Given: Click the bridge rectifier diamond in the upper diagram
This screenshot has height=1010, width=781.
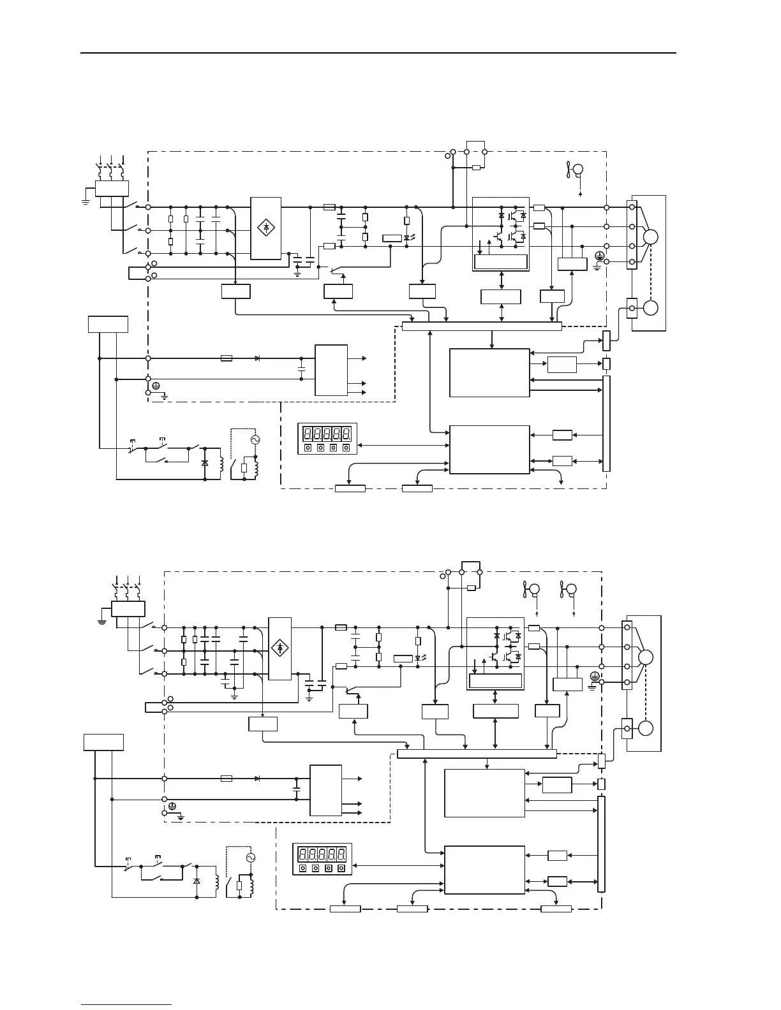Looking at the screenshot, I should click(x=266, y=227).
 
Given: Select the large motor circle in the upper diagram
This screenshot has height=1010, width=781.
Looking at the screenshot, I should click(x=650, y=237).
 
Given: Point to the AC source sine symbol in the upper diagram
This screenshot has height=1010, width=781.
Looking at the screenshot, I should click(x=256, y=440).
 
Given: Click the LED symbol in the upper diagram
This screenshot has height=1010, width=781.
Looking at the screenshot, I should click(x=407, y=238).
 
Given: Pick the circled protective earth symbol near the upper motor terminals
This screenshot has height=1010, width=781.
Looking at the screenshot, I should click(x=599, y=255).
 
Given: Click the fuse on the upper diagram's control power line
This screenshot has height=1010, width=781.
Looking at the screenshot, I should click(x=226, y=358).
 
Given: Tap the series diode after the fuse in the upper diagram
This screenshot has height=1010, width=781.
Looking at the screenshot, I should click(x=257, y=358).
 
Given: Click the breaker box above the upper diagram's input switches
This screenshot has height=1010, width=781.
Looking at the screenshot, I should click(x=112, y=188).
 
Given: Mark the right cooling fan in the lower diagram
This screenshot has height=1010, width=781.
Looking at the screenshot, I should click(x=570, y=590).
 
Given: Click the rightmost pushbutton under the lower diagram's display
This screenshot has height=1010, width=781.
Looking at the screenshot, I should click(x=342, y=868).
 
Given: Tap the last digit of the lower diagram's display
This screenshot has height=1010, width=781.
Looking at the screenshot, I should click(x=342, y=853).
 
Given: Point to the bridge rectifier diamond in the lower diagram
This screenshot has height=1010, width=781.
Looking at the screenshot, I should click(x=279, y=648).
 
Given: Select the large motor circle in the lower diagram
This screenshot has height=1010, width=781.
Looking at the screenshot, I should click(x=645, y=657).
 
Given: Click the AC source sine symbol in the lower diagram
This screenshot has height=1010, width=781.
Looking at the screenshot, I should click(x=251, y=858).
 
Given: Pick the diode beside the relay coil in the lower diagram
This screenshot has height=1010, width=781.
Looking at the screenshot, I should click(x=197, y=881).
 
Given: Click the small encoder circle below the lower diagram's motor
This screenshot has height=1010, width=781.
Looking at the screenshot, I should click(x=645, y=728).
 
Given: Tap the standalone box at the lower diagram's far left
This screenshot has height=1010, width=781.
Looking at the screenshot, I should click(x=103, y=742).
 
